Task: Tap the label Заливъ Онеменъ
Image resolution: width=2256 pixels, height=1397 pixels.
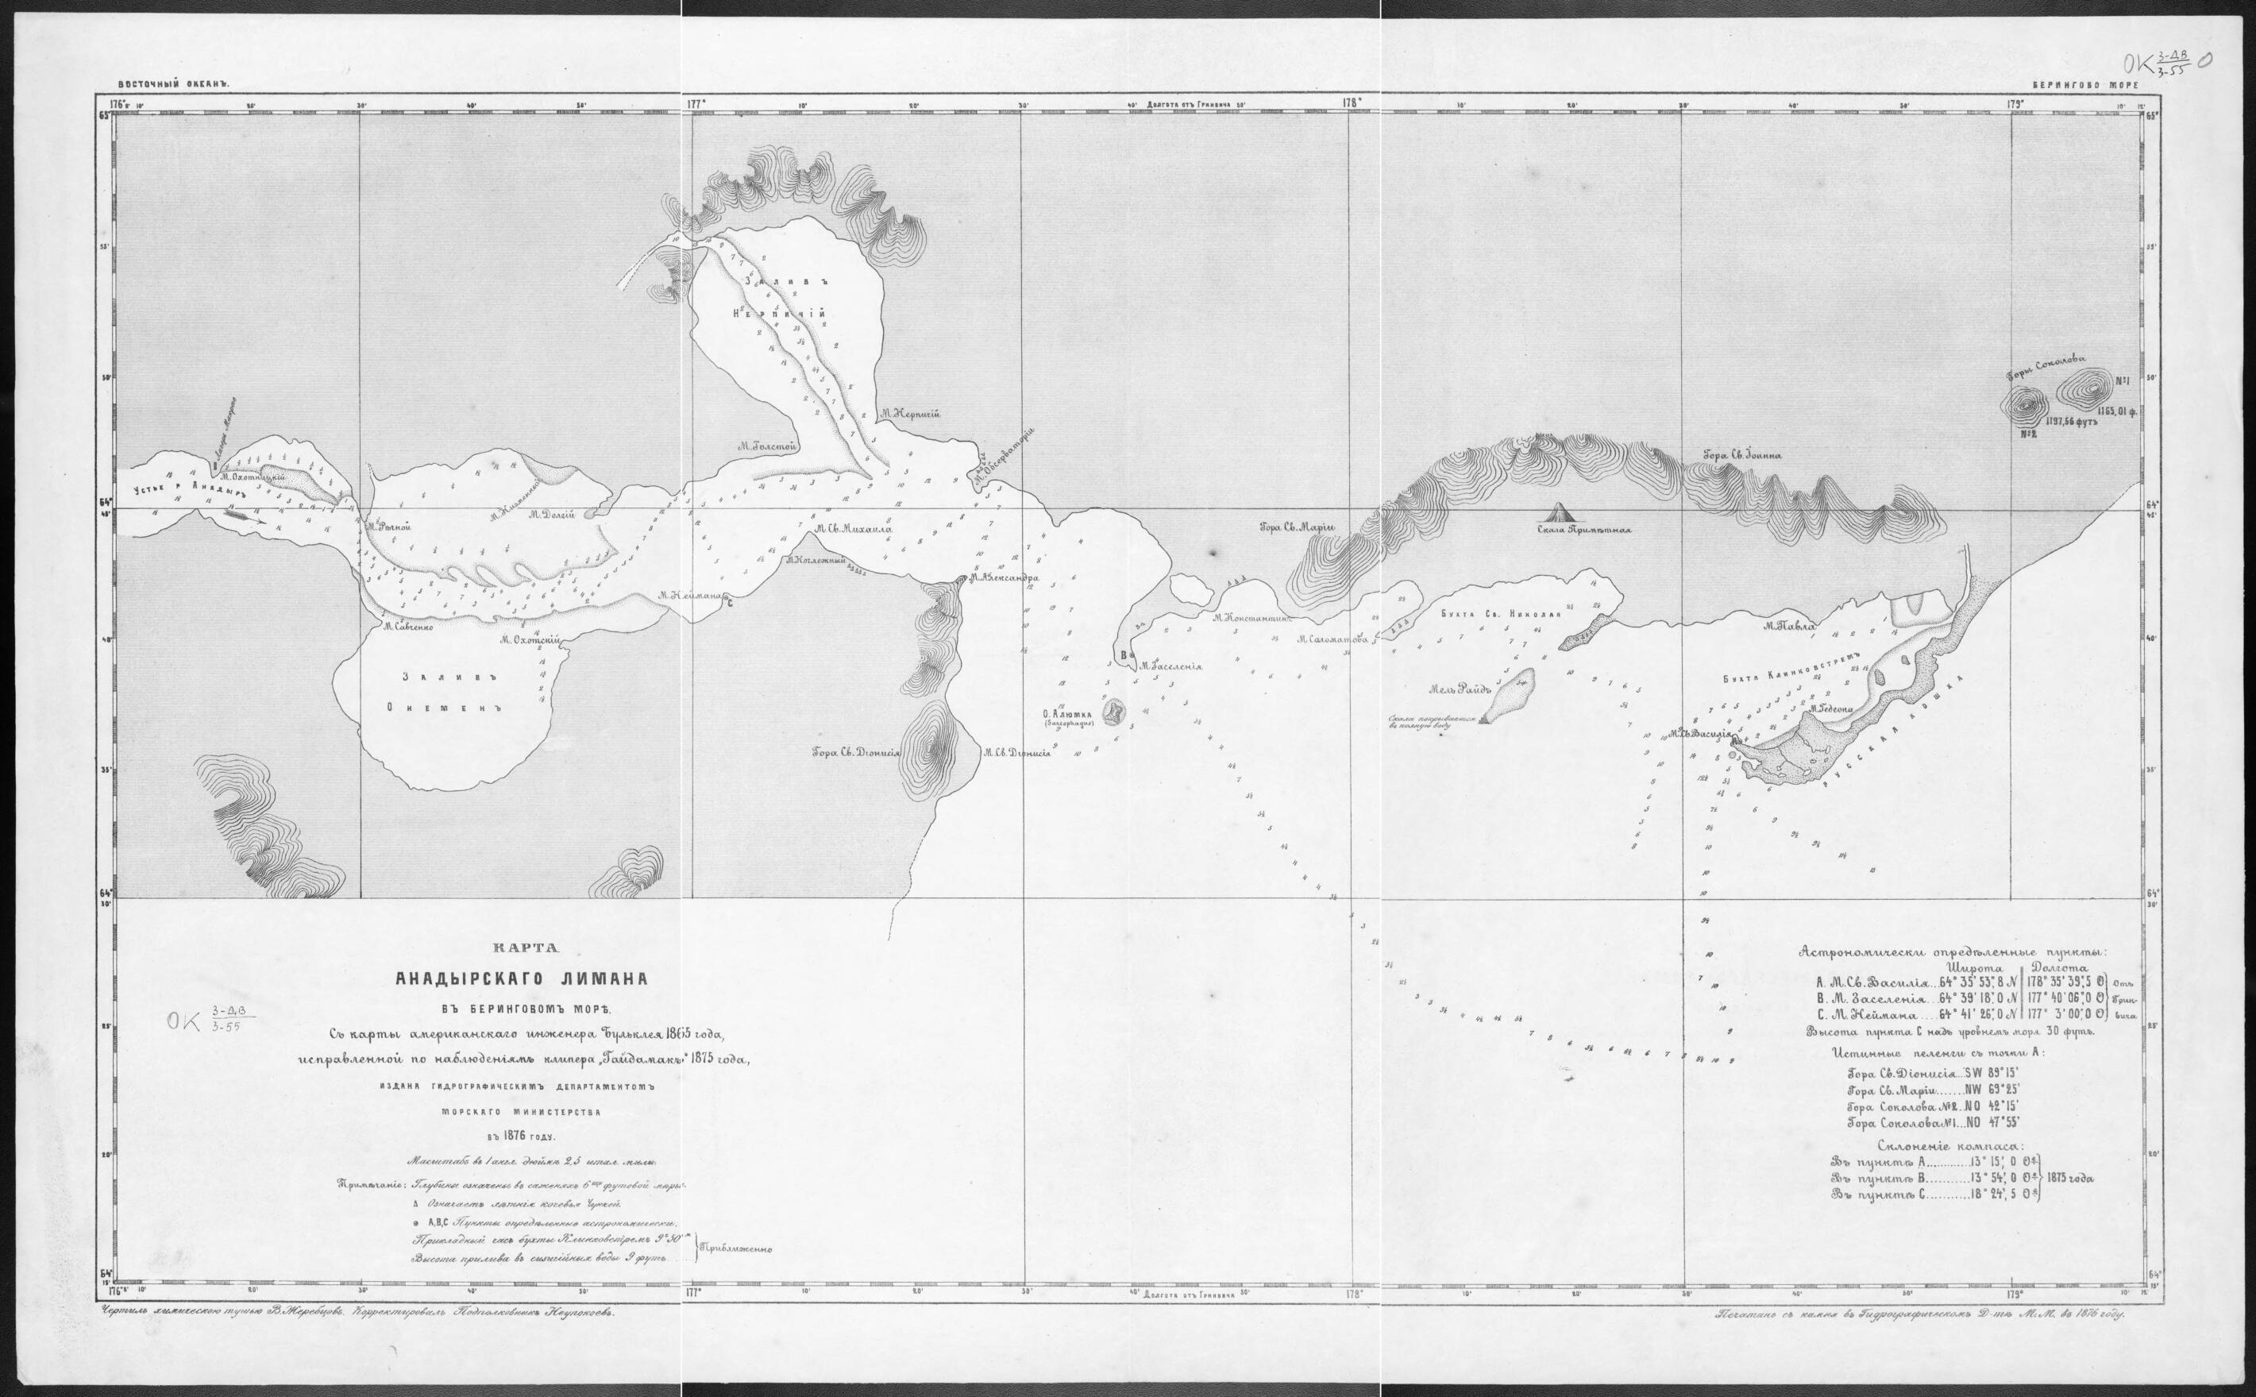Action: [451, 693]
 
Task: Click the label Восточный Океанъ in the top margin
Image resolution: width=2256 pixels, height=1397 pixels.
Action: [173, 83]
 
